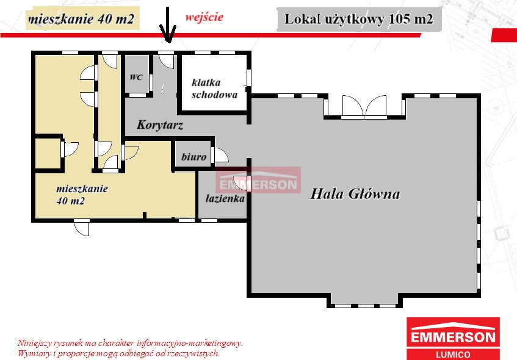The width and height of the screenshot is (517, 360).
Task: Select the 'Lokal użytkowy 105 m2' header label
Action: pyautogui.click(x=359, y=20)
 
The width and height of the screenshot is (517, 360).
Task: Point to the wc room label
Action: pyautogui.click(x=136, y=77)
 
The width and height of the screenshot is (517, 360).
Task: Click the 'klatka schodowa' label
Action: pyautogui.click(x=214, y=88)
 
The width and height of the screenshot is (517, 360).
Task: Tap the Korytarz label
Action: pyautogui.click(x=160, y=125)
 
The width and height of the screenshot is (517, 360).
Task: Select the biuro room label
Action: pyautogui.click(x=193, y=157)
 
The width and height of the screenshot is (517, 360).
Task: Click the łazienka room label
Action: pyautogui.click(x=225, y=198)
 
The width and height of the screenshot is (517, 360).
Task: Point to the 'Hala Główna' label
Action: pyautogui.click(x=355, y=195)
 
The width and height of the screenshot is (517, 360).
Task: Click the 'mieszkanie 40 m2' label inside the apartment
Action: pyautogui.click(x=82, y=195)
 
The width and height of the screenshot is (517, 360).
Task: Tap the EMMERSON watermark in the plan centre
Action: pyautogui.click(x=258, y=184)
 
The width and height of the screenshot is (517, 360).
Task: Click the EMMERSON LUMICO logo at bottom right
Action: pyautogui.click(x=453, y=338)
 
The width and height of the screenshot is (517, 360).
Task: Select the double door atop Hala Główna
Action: pyautogui.click(x=364, y=106)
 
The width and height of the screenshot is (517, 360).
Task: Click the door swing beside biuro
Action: pyautogui.click(x=219, y=156)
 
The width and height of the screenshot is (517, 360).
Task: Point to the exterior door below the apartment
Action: pyautogui.click(x=82, y=227)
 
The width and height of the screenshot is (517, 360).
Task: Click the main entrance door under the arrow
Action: pyautogui.click(x=166, y=62)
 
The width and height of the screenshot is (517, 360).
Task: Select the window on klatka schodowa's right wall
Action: pyautogui.click(x=248, y=78)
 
